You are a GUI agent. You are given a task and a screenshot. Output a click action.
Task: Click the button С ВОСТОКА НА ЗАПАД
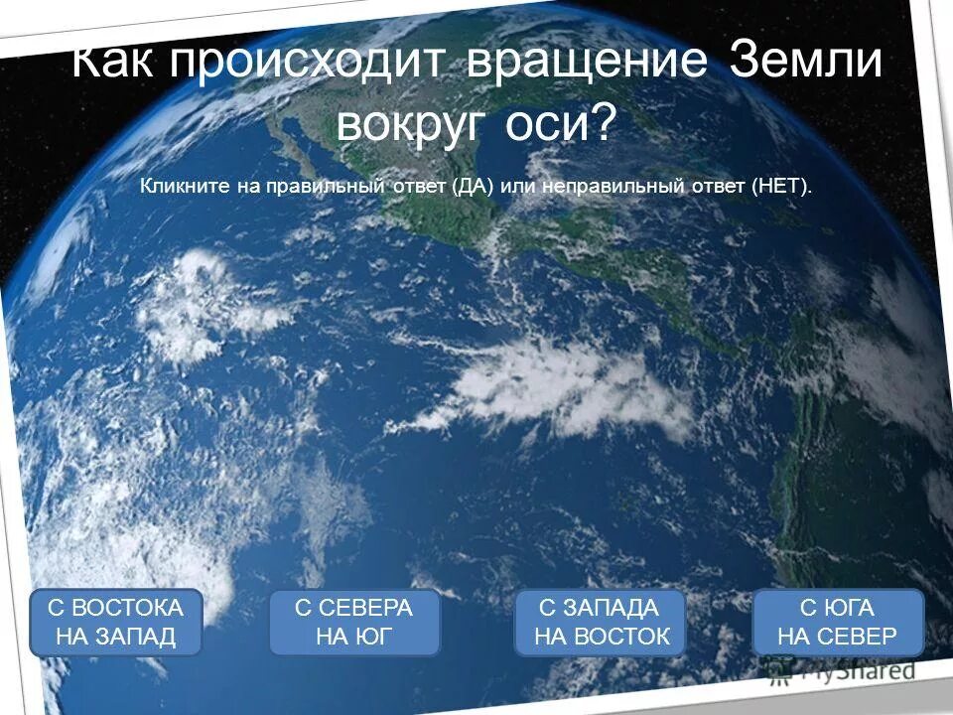(x=115, y=623)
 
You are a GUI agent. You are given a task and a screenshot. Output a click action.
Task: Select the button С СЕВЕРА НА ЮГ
(x=353, y=623)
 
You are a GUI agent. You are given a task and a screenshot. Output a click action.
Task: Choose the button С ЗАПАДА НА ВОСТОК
(x=601, y=623)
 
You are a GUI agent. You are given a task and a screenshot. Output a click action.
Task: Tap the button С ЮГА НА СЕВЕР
(x=837, y=623)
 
